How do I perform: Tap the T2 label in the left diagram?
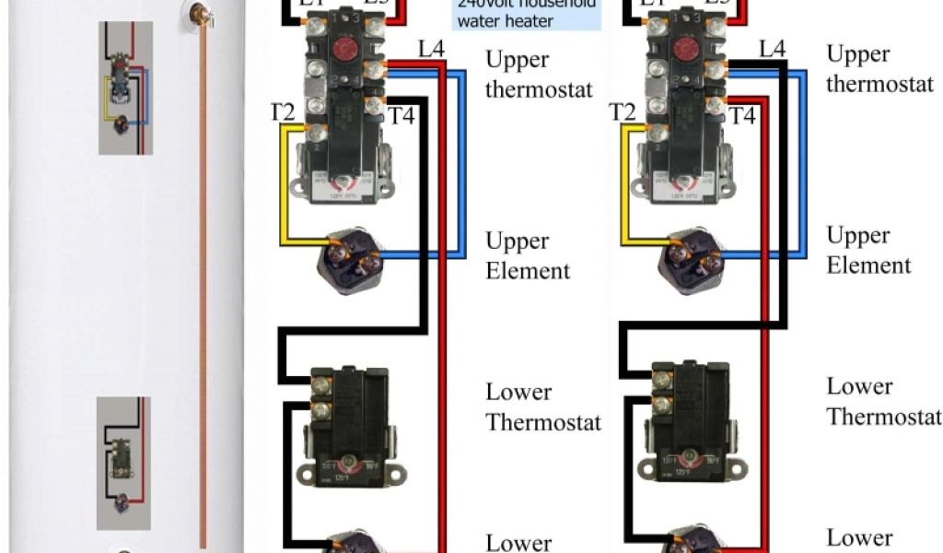pos(283,113)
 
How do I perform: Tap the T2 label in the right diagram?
pos(623,112)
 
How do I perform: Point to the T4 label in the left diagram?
pos(403,116)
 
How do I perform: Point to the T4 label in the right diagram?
pos(743,116)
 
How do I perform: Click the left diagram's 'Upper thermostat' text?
pos(539,75)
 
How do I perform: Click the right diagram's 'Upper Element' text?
pos(868,250)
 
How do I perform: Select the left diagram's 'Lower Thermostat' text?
pos(543,406)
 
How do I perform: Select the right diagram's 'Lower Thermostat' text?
pos(883,401)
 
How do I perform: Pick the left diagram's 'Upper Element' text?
pos(529,255)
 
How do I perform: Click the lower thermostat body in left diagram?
pos(350,424)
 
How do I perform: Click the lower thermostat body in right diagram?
pos(690,419)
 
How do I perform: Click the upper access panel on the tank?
pos(125,88)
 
